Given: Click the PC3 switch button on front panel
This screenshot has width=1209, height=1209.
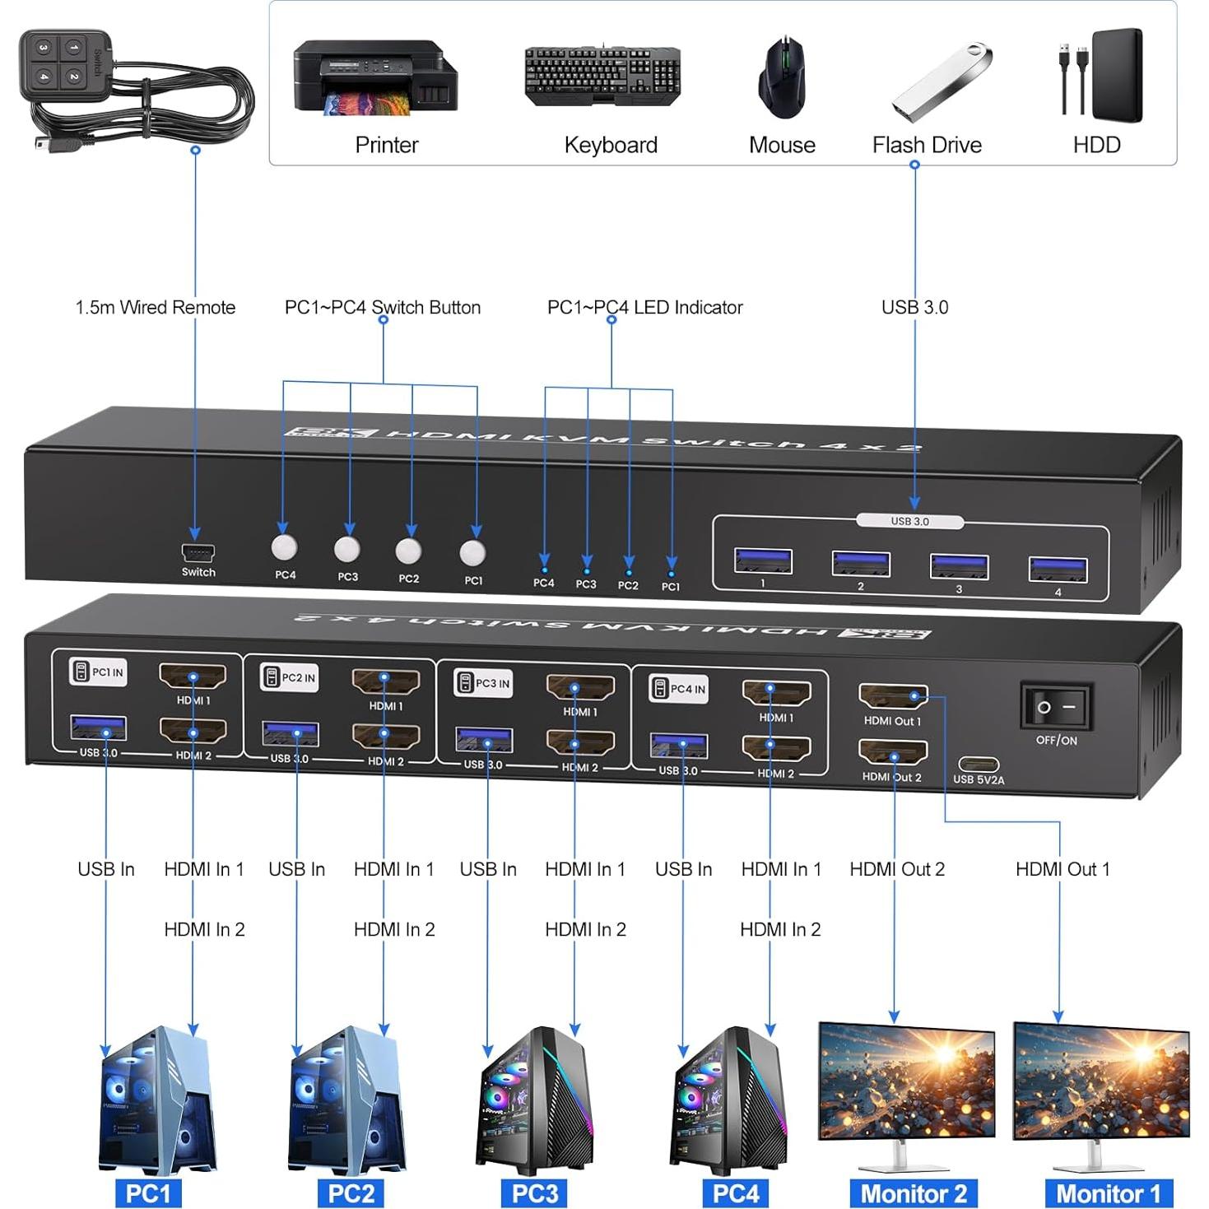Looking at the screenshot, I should (x=347, y=548).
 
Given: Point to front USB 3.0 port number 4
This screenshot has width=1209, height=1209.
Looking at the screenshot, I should (x=1058, y=570).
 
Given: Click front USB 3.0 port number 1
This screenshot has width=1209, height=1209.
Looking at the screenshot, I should (x=763, y=561).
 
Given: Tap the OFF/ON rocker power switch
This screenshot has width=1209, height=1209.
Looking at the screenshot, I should (x=1056, y=707).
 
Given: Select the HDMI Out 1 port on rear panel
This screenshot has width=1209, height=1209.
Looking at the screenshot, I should (x=893, y=697).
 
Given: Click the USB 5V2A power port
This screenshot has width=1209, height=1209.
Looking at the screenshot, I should (x=979, y=765).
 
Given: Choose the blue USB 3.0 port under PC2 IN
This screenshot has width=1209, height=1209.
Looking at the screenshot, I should (x=290, y=734).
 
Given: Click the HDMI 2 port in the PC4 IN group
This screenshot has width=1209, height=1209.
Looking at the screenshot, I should (x=776, y=748).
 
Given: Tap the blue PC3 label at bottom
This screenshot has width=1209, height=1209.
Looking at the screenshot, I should (x=535, y=1193).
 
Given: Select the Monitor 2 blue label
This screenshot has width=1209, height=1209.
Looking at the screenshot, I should (x=914, y=1193).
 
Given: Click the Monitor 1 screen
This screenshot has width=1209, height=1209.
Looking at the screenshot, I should (x=1100, y=1080).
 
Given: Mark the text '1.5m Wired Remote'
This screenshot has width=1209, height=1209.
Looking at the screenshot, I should (x=156, y=308).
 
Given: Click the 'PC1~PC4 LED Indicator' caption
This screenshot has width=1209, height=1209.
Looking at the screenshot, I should (x=644, y=308).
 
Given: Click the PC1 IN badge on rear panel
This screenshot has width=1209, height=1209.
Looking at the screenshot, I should (x=99, y=672).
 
